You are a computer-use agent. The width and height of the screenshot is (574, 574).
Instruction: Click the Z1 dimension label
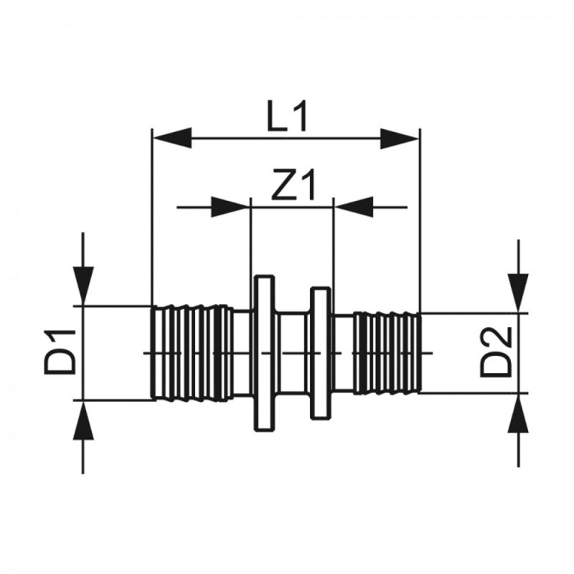[x=294, y=188]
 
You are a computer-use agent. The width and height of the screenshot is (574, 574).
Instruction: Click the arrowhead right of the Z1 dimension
[x=353, y=207]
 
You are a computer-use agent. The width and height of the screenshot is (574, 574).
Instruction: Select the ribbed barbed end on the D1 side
[x=190, y=352]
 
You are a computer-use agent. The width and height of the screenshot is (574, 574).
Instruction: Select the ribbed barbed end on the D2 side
[x=385, y=352]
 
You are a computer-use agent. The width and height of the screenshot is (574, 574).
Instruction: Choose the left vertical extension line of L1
[x=152, y=215]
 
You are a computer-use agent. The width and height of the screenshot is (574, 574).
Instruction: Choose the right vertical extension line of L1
[x=420, y=215]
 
